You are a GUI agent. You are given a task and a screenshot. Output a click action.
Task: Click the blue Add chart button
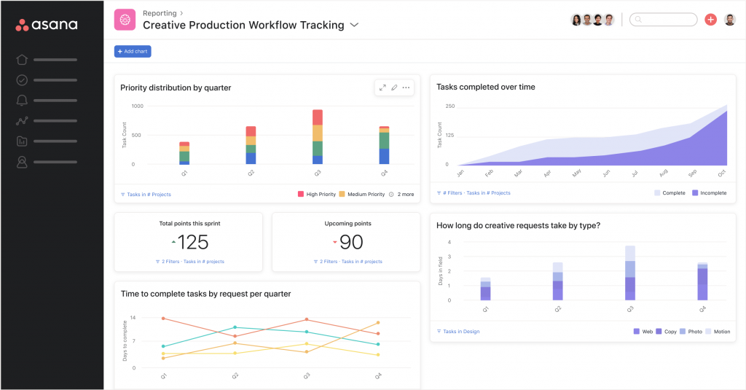click(133, 52)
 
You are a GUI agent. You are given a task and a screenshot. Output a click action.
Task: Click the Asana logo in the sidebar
click(47, 25)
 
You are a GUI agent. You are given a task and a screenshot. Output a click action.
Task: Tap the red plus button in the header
click(710, 20)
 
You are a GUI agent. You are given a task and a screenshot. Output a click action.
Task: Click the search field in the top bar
click(662, 20)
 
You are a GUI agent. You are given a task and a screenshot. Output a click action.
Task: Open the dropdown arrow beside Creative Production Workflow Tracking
click(355, 25)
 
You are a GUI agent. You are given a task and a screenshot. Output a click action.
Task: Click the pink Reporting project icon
click(125, 20)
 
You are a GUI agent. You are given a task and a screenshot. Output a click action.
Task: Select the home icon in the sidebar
click(22, 60)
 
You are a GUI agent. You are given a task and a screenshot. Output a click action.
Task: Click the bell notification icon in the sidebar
click(22, 101)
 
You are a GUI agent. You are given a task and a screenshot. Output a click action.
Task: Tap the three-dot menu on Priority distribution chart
click(407, 87)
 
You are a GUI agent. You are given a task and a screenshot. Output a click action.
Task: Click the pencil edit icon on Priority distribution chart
click(394, 87)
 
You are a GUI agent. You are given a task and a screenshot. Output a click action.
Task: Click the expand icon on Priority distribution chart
click(382, 87)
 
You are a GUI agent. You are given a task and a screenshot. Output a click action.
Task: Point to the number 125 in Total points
click(192, 242)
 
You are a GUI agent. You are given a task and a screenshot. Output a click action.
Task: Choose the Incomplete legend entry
click(709, 193)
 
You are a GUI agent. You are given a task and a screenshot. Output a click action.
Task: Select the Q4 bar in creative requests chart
click(702, 281)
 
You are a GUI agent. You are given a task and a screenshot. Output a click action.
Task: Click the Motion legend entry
click(717, 332)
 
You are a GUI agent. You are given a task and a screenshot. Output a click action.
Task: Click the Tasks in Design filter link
click(458, 332)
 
